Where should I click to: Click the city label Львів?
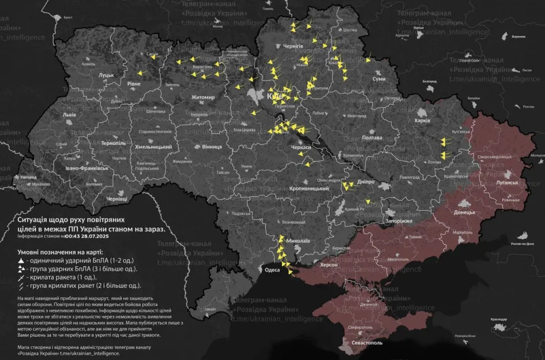[x=69, y=115]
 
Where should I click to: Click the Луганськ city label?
[x=508, y=183]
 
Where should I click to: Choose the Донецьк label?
[x=464, y=212]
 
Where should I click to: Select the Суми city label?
[x=379, y=79]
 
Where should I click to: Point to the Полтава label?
[x=372, y=137]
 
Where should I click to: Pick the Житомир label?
[x=203, y=97]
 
